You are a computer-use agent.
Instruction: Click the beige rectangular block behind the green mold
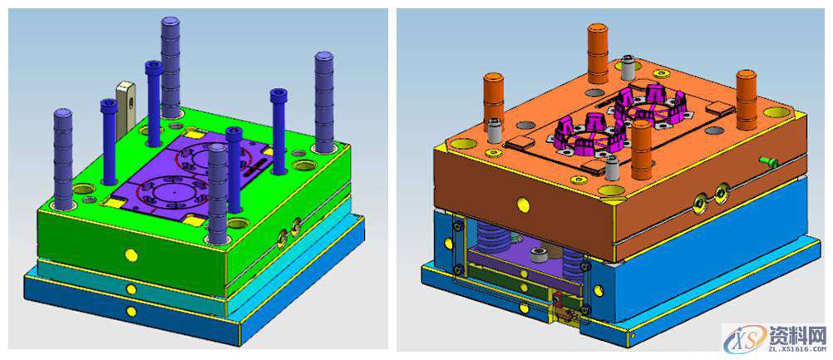click(x=125, y=109)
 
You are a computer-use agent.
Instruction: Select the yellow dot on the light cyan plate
click(x=131, y=288)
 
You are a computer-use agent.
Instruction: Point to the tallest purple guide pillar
click(x=170, y=67)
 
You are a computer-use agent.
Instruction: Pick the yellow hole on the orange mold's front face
click(x=523, y=204)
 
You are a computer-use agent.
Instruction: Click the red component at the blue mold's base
click(x=557, y=299)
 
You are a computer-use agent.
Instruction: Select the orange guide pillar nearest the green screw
click(x=747, y=100)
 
